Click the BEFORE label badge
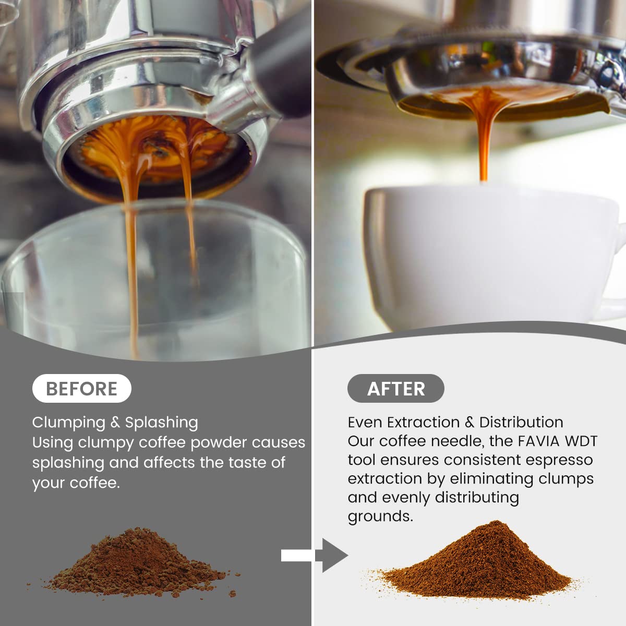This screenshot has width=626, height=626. (82, 389)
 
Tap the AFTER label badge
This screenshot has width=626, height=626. (395, 389)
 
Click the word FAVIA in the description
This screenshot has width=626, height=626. (538, 441)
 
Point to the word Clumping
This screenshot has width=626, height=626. (68, 423)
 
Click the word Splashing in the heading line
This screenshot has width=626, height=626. (161, 423)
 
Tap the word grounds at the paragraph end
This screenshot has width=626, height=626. (380, 516)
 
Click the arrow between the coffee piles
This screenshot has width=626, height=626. (315, 555)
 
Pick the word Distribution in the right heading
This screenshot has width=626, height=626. (521, 423)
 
